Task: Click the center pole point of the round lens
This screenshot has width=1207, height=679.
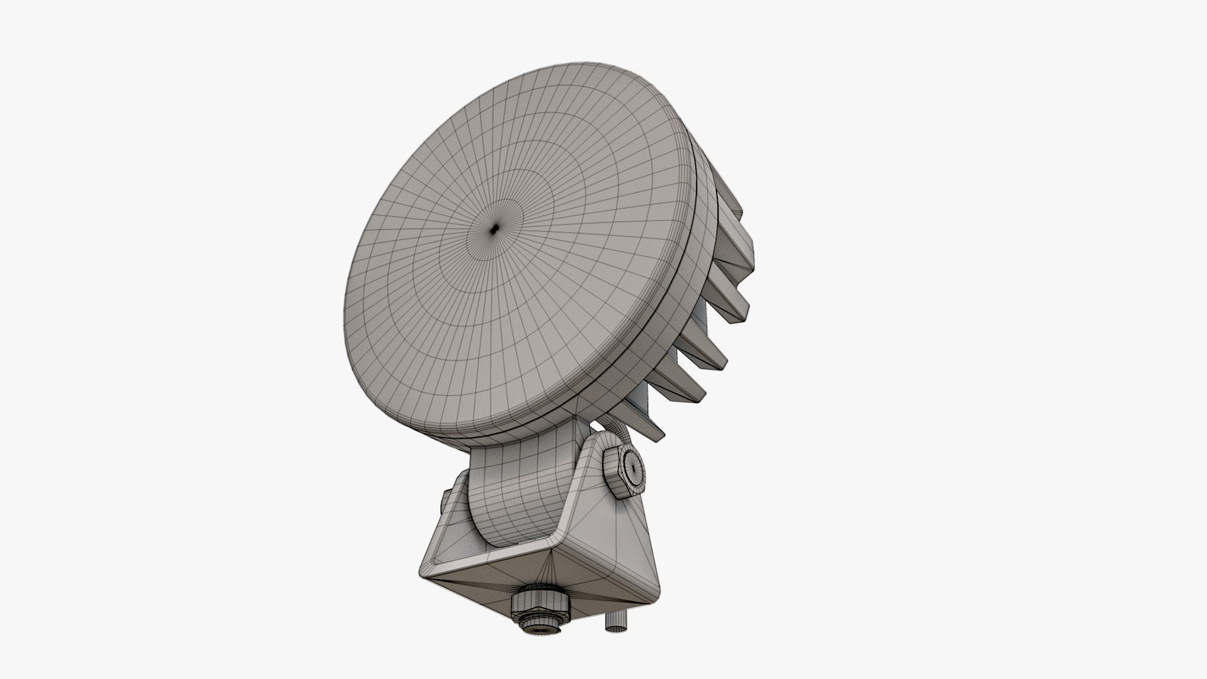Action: click(x=495, y=230)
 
